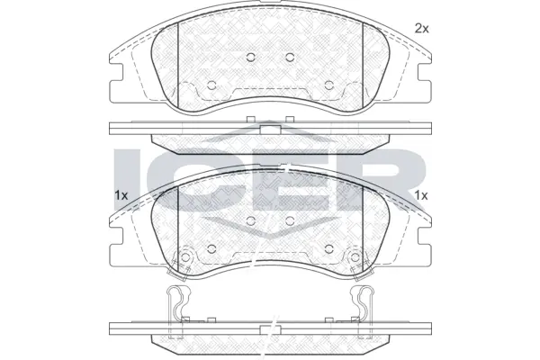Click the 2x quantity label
tap(421, 29)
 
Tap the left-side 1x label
tap(121, 195)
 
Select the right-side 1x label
tap(421, 195)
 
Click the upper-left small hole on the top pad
tap(250, 57)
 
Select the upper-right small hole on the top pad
tap(290, 57)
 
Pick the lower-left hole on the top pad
tap(211, 86)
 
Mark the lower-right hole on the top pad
tap(329, 86)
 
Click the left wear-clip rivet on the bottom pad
tap(186, 257)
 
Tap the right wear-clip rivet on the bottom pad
tap(355, 257)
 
